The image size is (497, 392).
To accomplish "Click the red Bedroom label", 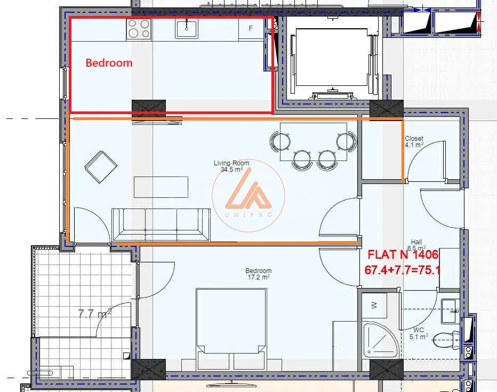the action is pos(109,63).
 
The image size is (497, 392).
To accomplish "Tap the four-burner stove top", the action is pos(139,29).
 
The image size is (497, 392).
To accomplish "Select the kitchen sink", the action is pos(187,28).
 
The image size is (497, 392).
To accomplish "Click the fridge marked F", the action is pos(251,28).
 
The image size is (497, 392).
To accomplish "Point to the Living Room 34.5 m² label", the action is pos(231,166).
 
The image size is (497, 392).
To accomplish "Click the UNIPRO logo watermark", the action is pos(248,196).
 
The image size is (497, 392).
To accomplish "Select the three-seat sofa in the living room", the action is pos(161,225).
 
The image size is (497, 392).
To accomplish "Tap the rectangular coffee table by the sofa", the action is pos(161,187).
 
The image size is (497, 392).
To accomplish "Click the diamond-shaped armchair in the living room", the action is pos(101,167).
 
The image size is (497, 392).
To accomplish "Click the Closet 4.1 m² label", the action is pos(414,142).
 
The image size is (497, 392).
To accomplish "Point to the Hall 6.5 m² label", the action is pos(416,245).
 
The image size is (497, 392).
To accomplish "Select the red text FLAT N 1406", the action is pos(403,254).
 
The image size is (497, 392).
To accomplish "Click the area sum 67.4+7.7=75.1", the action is pos(403,270).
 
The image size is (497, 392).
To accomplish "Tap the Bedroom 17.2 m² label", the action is pos(259,274).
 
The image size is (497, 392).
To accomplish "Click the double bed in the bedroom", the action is pos(231,329).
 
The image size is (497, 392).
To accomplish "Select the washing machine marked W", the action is pos(374,306).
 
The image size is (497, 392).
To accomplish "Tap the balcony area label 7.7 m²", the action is pos(94,314).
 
